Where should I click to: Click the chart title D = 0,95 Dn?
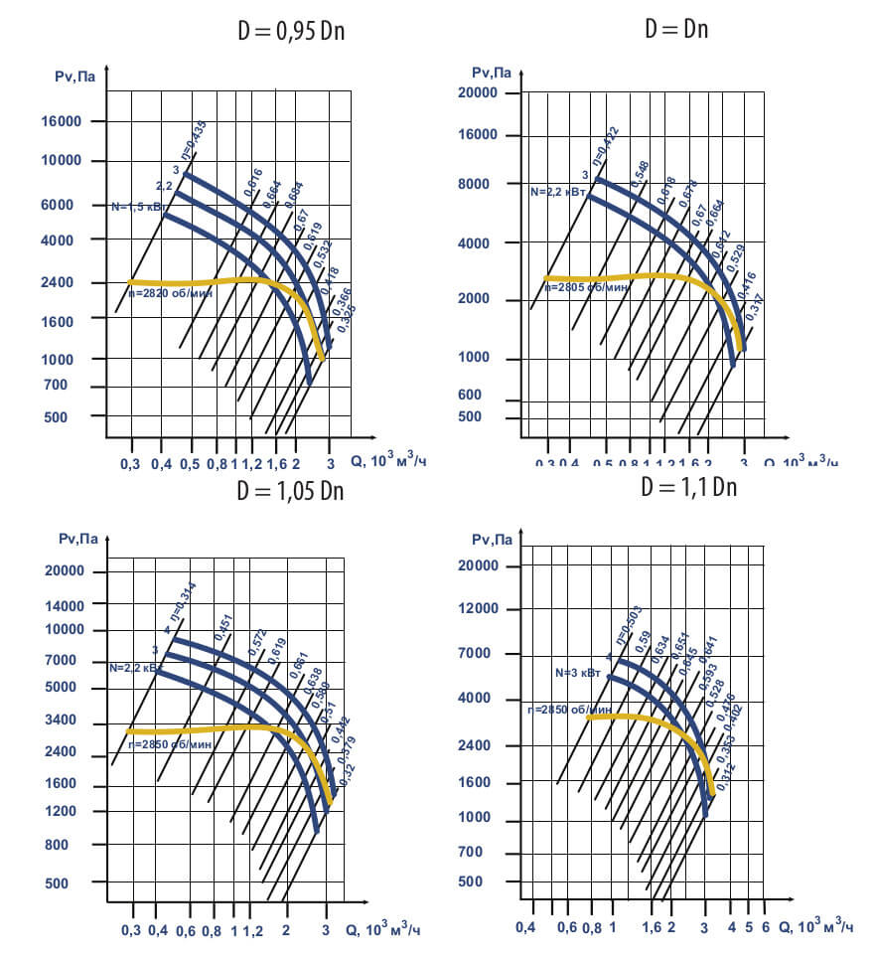pos(288,32)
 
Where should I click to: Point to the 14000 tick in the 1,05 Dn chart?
pos(65,604)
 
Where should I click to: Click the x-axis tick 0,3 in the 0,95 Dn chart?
pos(130,463)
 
